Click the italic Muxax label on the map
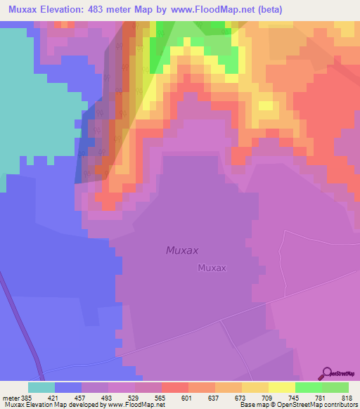coord(182,250)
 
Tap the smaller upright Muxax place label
coord(212,268)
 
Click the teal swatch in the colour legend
coord(41,387)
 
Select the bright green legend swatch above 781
coord(309,387)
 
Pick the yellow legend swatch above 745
coord(282,387)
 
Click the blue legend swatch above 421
coord(68,387)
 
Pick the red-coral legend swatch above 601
coord(175,387)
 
